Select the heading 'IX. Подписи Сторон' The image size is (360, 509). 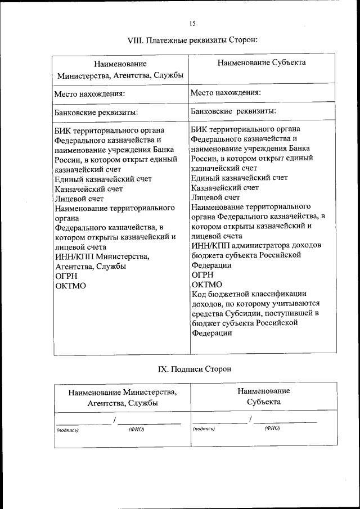point(194,369)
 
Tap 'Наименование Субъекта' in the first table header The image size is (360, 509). point(262,62)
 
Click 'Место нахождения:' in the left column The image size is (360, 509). point(89,93)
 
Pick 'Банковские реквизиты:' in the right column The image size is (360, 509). point(232,110)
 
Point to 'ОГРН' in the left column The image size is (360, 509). point(66,277)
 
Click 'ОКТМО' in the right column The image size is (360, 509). point(206,284)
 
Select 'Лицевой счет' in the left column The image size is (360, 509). point(79,198)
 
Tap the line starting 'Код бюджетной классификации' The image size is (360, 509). point(248,293)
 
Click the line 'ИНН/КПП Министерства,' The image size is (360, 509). point(102,256)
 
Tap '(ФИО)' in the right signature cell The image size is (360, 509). point(272,428)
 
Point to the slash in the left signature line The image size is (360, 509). point(115,420)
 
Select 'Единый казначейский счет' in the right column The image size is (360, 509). point(239,177)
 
